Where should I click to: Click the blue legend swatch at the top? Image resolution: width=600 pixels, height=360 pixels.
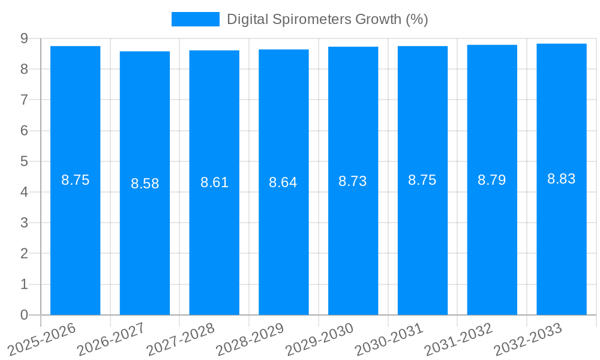point(195,19)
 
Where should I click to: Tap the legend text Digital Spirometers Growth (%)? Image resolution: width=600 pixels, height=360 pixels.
point(327,19)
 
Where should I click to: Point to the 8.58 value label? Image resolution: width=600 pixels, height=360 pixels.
point(145,184)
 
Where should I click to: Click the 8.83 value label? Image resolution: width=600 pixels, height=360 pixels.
point(562,179)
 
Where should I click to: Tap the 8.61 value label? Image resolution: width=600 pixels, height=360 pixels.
point(214,182)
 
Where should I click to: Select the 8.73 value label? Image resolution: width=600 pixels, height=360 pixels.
point(353,181)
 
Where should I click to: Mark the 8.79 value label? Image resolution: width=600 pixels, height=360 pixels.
point(492,180)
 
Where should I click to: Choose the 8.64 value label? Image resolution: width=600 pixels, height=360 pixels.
point(283,182)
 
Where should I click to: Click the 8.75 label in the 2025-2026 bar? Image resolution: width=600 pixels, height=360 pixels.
point(76,180)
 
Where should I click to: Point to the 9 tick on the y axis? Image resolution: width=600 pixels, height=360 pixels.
point(24,38)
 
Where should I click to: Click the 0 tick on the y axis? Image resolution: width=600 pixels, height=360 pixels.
point(24,315)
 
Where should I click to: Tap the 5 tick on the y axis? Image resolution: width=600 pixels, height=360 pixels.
point(24,161)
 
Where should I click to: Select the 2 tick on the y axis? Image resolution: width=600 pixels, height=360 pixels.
point(24,254)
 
